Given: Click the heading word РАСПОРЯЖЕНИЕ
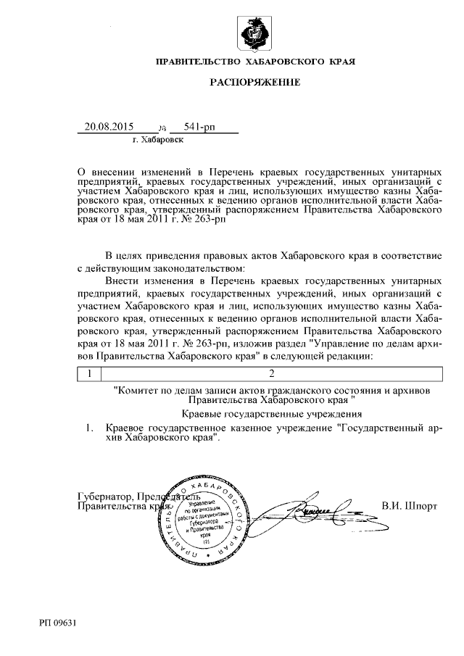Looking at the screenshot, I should [254, 83].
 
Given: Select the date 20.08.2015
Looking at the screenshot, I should [109, 126].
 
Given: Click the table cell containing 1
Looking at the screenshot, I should [89, 374].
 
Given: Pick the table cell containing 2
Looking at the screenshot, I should [272, 374].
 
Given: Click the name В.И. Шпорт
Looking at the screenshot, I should [409, 502].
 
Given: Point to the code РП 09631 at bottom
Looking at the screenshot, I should [59, 622].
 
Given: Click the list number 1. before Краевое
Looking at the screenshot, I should [89, 428].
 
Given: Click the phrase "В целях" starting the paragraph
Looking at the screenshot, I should [123, 257].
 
